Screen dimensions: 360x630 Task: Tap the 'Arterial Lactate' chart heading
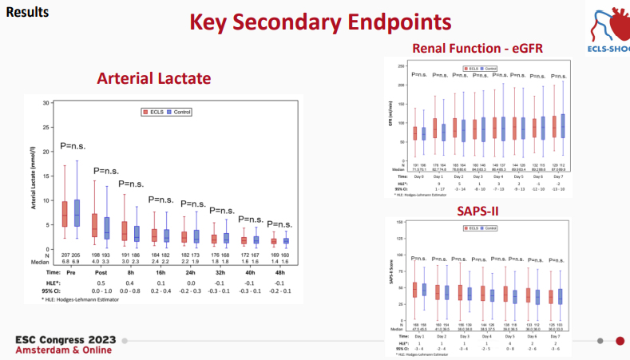click(153, 78)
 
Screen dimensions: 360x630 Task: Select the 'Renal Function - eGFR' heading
click(477, 49)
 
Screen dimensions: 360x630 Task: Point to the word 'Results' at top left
click(27, 13)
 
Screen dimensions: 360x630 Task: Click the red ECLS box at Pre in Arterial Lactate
click(65, 213)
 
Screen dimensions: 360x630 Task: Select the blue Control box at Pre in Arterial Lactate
click(77, 213)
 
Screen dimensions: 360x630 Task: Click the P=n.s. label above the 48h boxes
click(278, 224)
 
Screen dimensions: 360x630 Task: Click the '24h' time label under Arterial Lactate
click(190, 271)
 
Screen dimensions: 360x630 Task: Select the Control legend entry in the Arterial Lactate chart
click(180, 113)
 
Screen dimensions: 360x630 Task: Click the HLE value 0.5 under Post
click(101, 283)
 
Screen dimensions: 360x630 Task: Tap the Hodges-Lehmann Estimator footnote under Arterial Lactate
click(68, 300)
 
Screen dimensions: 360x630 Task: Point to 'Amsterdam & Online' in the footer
click(56, 350)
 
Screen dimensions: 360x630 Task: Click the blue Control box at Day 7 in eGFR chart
click(564, 126)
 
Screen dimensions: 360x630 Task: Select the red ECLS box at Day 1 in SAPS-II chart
click(436, 291)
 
